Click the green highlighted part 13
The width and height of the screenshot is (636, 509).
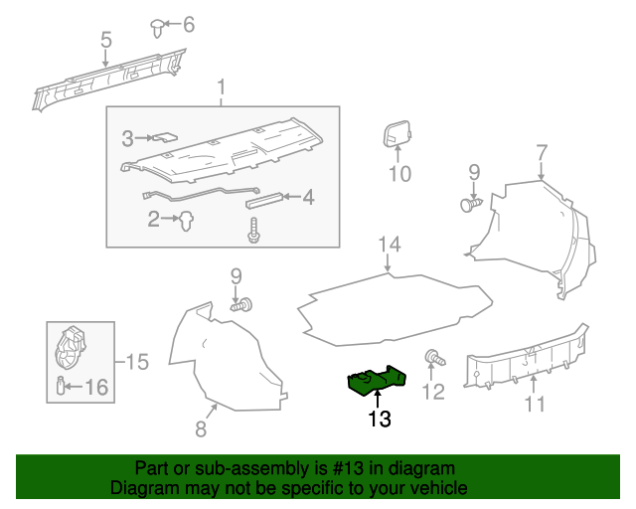coord(377,381)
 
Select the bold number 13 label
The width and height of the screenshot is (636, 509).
coord(379,419)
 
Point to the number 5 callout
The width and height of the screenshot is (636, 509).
coord(105,41)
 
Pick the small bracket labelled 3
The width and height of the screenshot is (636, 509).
coord(164,138)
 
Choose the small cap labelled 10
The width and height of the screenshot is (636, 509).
coord(397,133)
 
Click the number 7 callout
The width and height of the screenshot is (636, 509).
coord(542,153)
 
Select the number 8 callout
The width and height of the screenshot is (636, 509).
coord(200,428)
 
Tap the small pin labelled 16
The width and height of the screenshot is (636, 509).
coord(62,386)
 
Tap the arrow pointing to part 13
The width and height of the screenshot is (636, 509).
coord(378,400)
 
